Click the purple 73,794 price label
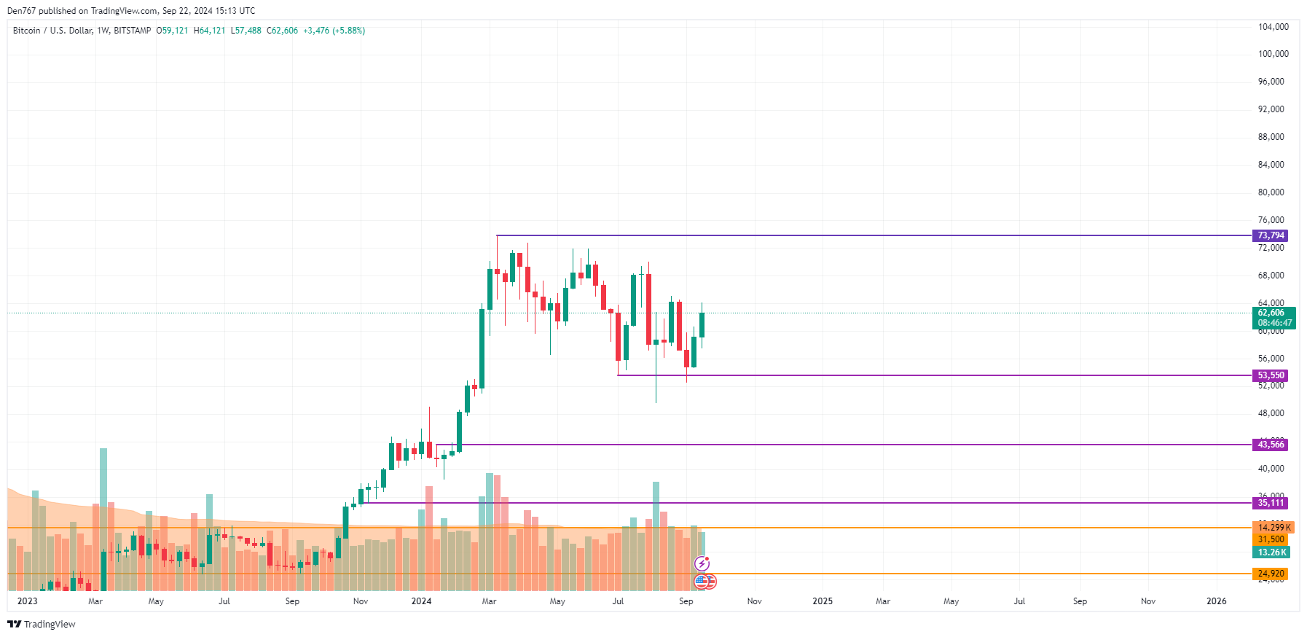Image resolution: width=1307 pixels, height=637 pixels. pyautogui.click(x=1271, y=235)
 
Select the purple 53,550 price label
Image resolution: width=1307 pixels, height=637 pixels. pyautogui.click(x=1271, y=375)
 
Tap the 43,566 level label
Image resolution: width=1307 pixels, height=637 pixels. pyautogui.click(x=1271, y=445)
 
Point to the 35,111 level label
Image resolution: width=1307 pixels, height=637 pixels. pyautogui.click(x=1271, y=503)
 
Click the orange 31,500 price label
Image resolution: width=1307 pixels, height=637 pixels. pyautogui.click(x=1271, y=539)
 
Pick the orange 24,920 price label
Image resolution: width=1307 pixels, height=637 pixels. pyautogui.click(x=1271, y=574)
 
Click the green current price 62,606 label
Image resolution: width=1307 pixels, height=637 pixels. pyautogui.click(x=1273, y=313)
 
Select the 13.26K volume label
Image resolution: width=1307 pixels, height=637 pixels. pyautogui.click(x=1271, y=552)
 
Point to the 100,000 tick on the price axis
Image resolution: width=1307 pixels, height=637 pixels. pyautogui.click(x=1273, y=54)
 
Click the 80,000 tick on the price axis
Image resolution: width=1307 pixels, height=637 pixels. pyautogui.click(x=1271, y=192)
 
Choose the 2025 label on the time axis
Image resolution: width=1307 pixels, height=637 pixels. pyautogui.click(x=823, y=601)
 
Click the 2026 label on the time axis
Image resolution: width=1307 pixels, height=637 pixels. pyautogui.click(x=1216, y=601)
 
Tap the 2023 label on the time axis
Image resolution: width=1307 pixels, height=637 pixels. pyautogui.click(x=27, y=601)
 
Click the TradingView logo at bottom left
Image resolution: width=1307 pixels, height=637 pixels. pyautogui.click(x=42, y=624)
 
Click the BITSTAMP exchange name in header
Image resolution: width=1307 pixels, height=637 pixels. pyautogui.click(x=133, y=31)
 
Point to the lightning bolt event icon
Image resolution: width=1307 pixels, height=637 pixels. pyautogui.click(x=702, y=563)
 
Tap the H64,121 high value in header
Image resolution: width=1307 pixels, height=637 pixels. pyautogui.click(x=209, y=31)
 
